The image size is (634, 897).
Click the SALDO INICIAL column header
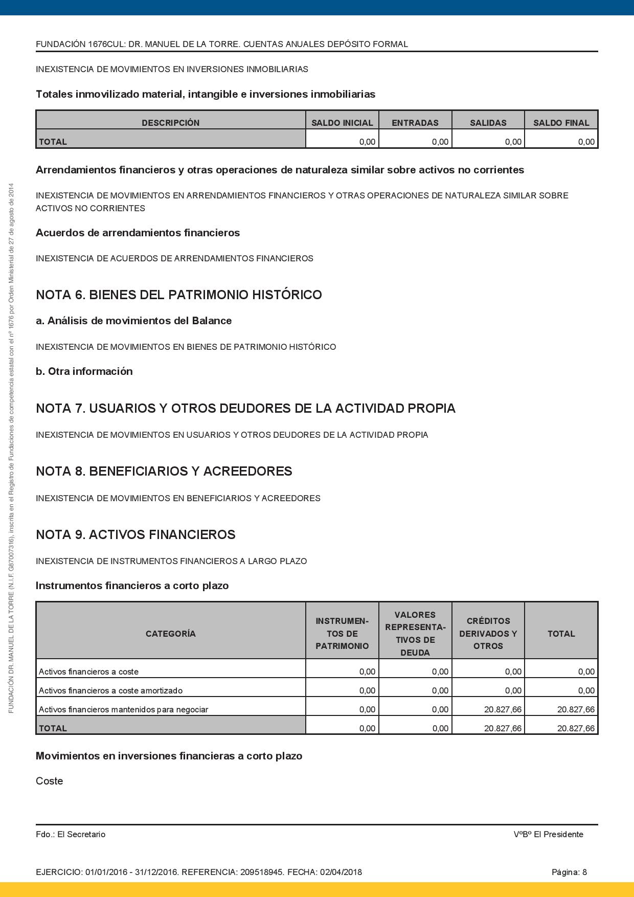tap(342, 123)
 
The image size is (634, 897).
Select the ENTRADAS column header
tap(415, 123)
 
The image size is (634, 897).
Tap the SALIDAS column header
tap(488, 123)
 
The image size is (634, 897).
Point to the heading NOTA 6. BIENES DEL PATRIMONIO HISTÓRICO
tap(178, 295)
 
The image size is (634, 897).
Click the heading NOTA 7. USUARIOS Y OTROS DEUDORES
tap(245, 409)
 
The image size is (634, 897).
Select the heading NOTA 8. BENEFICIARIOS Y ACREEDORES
tap(164, 472)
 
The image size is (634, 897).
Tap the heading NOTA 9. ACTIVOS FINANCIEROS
tap(135, 535)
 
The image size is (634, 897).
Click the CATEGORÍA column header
tap(170, 634)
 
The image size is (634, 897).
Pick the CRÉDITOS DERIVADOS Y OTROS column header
tap(488, 634)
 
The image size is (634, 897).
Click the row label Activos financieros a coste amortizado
tap(110, 690)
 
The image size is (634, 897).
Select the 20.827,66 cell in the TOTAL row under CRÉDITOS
tap(503, 728)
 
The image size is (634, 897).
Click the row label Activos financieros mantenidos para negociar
tap(123, 709)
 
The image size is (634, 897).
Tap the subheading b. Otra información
tap(84, 372)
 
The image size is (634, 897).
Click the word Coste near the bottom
tap(49, 781)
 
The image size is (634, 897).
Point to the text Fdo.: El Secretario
tap(71, 834)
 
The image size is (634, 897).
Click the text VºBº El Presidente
tap(548, 834)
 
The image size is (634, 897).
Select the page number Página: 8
tap(569, 872)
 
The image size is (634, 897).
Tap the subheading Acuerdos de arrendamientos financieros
tap(138, 233)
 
